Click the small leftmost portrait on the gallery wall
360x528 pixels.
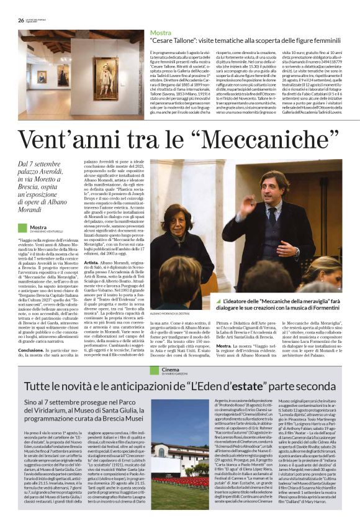click(x=41, y=76)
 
